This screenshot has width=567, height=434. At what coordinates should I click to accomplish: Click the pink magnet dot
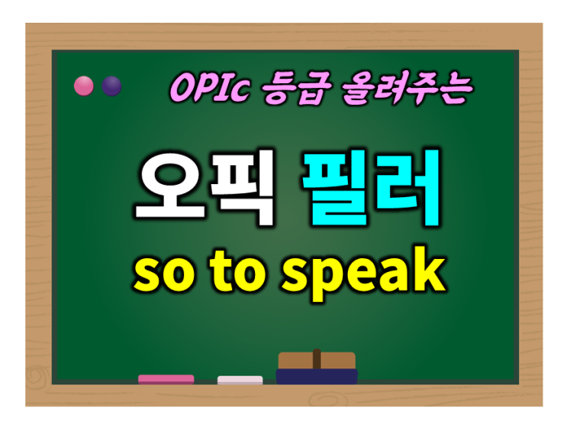[x=83, y=86]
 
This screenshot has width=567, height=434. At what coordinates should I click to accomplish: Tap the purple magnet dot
[x=111, y=86]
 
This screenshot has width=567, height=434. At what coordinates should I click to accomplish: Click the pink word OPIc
[x=210, y=87]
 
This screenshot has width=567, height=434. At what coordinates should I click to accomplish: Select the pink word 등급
[x=297, y=89]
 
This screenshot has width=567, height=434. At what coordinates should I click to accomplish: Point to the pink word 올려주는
[x=408, y=88]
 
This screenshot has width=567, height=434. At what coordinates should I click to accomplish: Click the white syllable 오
[x=170, y=186]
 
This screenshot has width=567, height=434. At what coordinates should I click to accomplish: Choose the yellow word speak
[x=364, y=274]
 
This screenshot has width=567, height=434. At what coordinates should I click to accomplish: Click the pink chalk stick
[x=166, y=379]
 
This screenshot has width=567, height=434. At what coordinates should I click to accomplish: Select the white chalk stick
[x=240, y=380]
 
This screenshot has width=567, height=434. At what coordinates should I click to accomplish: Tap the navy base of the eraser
[x=317, y=377]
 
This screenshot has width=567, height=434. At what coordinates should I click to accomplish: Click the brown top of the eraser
[x=317, y=361]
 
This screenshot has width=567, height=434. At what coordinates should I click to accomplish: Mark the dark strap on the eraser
[x=317, y=358]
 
